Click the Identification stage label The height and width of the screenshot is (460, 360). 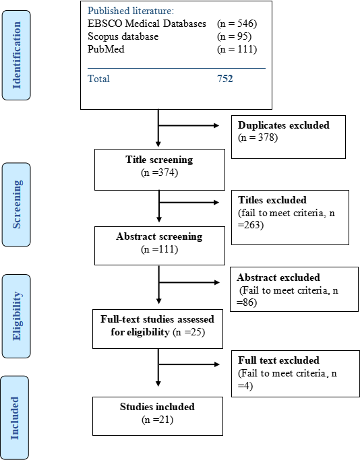tap(16, 55)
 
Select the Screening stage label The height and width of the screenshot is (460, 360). tap(16, 205)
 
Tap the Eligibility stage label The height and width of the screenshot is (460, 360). tap(16, 316)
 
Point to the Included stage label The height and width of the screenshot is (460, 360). tap(15, 418)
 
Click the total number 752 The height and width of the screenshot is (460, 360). tap(225, 79)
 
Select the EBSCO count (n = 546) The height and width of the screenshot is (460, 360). tap(237, 24)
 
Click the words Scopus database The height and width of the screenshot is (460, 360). tap(123, 36)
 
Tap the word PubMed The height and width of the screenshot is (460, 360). tap(106, 48)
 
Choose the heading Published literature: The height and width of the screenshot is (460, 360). tap(131, 11)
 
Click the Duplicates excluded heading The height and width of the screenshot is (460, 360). tap(284, 125)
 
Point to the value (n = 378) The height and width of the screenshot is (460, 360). tap(258, 137)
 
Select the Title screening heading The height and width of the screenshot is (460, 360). tap(160, 160)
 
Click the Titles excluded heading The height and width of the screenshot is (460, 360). tap(272, 200)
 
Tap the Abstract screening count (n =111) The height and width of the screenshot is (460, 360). tap(160, 249)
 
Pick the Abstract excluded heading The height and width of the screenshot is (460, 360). tap(278, 277)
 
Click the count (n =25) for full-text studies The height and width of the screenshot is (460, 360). tap(189, 332)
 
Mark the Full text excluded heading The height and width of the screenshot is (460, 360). tap(278, 360)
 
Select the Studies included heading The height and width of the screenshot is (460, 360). tap(157, 407)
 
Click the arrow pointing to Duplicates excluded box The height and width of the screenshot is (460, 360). tap(189, 125)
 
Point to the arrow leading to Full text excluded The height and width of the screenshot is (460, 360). tap(189, 364)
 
